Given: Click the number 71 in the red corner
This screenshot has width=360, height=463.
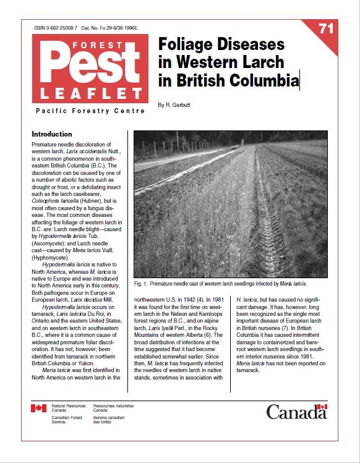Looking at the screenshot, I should click(x=326, y=29).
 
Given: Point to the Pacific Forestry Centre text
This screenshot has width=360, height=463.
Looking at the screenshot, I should click(x=90, y=111).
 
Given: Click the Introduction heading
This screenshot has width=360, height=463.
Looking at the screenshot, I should click(x=52, y=134).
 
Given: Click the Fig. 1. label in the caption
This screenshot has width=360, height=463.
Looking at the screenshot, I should click(x=142, y=284).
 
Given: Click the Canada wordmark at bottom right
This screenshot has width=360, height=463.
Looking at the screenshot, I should click(x=296, y=412).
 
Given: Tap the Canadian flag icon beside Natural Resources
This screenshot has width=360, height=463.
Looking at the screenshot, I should click(x=38, y=409).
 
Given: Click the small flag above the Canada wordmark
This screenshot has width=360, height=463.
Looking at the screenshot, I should click(x=322, y=407).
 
